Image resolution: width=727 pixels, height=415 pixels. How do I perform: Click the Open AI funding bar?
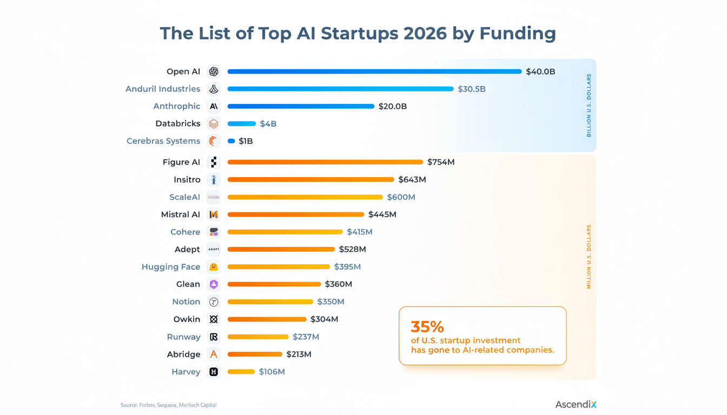click(x=374, y=71)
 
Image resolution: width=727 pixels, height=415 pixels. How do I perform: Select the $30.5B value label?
click(x=471, y=89)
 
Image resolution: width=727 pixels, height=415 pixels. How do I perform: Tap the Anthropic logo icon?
click(x=214, y=106)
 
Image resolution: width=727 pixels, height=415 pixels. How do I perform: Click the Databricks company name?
click(x=177, y=124)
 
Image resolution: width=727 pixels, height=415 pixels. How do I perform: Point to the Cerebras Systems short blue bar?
click(x=231, y=141)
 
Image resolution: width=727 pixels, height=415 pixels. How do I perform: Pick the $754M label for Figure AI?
click(x=440, y=162)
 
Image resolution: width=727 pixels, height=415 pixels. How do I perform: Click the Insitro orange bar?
click(x=310, y=179)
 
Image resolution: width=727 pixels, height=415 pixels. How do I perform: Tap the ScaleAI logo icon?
click(x=214, y=197)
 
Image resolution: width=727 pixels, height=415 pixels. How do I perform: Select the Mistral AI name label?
click(x=180, y=215)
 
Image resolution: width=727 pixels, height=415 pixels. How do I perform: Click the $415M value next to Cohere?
click(x=359, y=232)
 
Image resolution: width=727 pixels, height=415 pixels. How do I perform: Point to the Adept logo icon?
click(x=214, y=249)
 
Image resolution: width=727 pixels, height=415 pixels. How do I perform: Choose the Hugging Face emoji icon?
click(x=214, y=267)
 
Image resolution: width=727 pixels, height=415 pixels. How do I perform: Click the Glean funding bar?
click(x=274, y=284)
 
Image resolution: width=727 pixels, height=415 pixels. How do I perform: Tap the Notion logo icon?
click(x=214, y=302)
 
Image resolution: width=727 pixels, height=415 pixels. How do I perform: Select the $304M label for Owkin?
click(x=324, y=319)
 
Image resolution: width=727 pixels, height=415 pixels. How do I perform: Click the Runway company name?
click(x=183, y=337)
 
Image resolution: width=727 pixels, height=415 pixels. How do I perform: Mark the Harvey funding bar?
click(x=241, y=372)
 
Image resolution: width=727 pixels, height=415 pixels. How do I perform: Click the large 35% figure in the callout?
click(x=427, y=327)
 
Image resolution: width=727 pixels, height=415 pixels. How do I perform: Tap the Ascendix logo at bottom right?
click(x=576, y=404)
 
